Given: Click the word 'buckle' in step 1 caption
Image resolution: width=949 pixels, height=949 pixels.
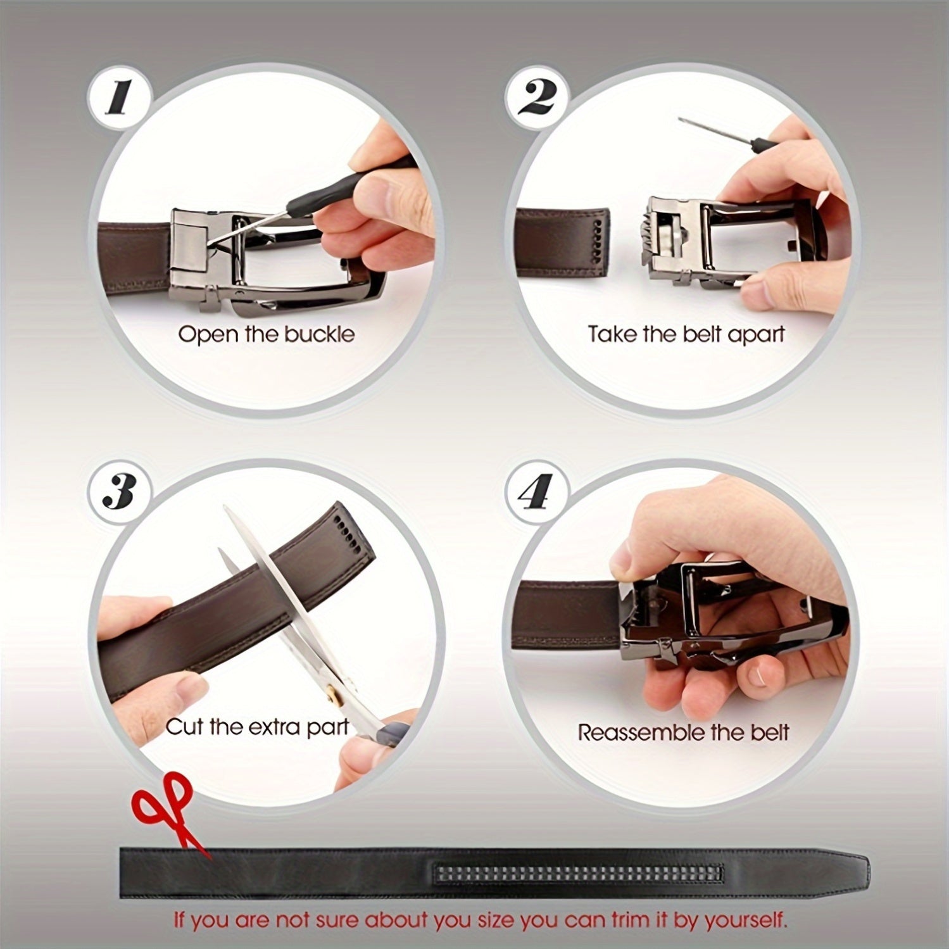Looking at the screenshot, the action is coord(319,334).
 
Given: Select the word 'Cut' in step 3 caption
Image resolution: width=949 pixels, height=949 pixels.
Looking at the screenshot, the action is coord(185,726).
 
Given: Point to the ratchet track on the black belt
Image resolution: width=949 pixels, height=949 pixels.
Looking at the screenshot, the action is coord(577,874).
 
